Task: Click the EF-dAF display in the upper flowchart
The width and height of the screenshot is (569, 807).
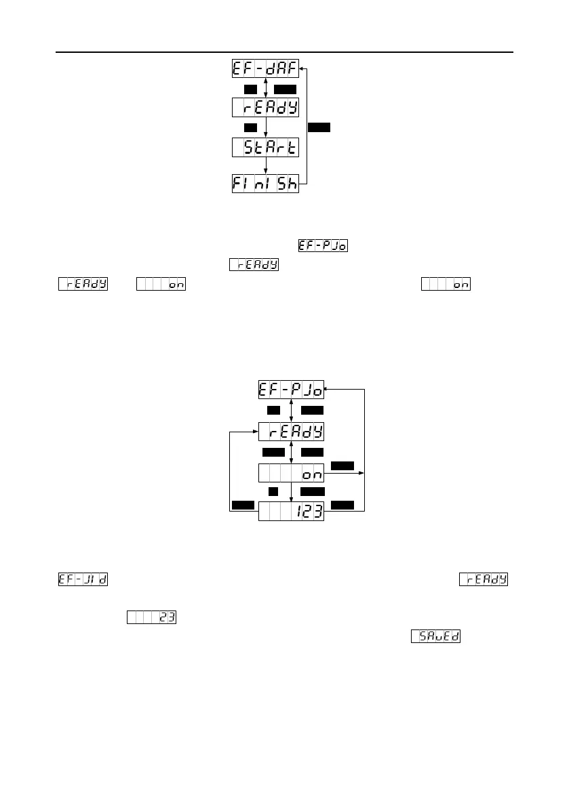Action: click(265, 69)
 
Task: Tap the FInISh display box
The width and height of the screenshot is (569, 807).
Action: click(265, 184)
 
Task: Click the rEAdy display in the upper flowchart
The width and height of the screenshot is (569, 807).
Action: click(265, 108)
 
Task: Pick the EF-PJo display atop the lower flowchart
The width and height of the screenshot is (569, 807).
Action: click(291, 390)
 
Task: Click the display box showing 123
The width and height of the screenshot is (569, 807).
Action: click(291, 512)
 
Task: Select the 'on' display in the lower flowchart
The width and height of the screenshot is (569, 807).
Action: click(291, 474)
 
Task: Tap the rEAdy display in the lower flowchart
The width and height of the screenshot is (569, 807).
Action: click(291, 432)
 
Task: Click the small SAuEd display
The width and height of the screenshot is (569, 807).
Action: click(435, 636)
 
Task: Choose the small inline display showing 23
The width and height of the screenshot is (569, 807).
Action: click(151, 617)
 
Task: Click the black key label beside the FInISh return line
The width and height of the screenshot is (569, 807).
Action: click(318, 127)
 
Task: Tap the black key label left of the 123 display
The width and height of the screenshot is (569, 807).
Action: click(243, 504)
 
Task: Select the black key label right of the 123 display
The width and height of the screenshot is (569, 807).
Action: click(342, 504)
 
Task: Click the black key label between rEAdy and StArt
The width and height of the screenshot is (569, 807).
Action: click(250, 127)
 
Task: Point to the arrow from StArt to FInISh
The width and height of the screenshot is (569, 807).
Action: click(265, 165)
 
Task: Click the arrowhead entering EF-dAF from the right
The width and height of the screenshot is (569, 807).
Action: click(302, 69)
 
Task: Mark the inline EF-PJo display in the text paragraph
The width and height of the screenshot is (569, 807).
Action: click(323, 245)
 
